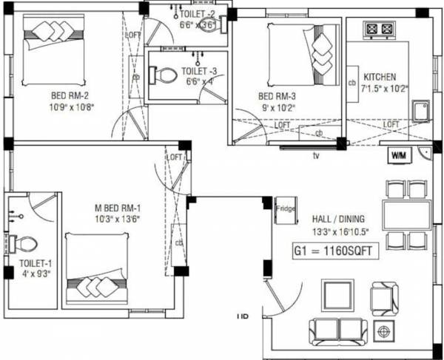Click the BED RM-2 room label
72,95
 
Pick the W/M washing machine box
400,156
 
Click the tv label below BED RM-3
316,155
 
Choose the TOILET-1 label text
35,262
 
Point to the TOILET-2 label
197,13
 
